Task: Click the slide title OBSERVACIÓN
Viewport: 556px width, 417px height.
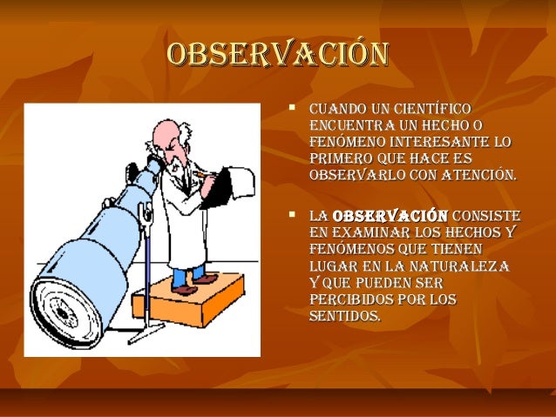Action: click(277, 54)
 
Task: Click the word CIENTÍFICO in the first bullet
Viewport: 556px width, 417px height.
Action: click(433, 110)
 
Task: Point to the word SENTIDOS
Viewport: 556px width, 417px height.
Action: click(344, 316)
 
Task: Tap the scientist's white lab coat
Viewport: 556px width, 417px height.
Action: click(187, 218)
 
